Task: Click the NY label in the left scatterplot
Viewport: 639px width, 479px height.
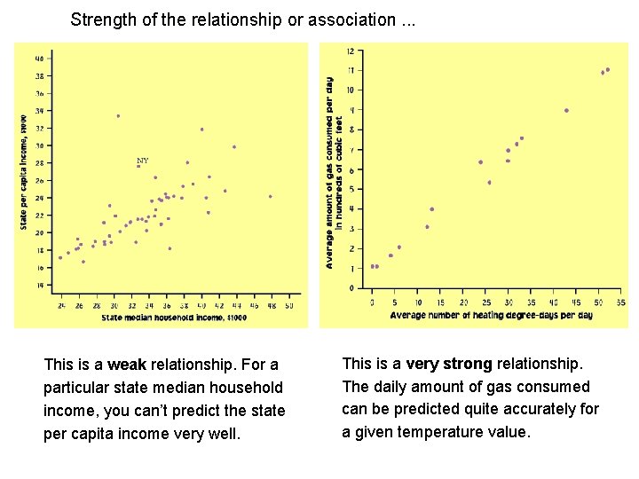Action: tap(142, 161)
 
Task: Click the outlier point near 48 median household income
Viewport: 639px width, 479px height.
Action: tap(271, 196)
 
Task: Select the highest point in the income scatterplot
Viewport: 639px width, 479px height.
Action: tap(118, 115)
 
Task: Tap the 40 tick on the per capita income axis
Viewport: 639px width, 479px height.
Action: tap(38, 59)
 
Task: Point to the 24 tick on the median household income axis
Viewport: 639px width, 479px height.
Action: tap(61, 305)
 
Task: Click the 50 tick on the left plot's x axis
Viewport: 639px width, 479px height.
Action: tap(288, 305)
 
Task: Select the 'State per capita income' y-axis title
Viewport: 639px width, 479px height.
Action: tap(24, 172)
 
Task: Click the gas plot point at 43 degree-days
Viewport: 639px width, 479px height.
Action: tap(566, 111)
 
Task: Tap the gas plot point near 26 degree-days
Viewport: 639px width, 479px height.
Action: tap(489, 183)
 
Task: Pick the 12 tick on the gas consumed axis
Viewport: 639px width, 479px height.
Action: tap(351, 50)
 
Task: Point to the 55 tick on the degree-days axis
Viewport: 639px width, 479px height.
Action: tap(620, 302)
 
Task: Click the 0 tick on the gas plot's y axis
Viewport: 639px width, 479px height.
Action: tap(352, 288)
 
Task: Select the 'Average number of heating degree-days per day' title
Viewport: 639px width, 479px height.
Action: tap(491, 315)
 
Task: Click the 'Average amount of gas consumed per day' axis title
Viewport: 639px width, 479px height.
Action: tap(330, 172)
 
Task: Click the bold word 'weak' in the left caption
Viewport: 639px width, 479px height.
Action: tap(128, 365)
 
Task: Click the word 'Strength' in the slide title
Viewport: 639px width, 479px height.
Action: tap(100, 19)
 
